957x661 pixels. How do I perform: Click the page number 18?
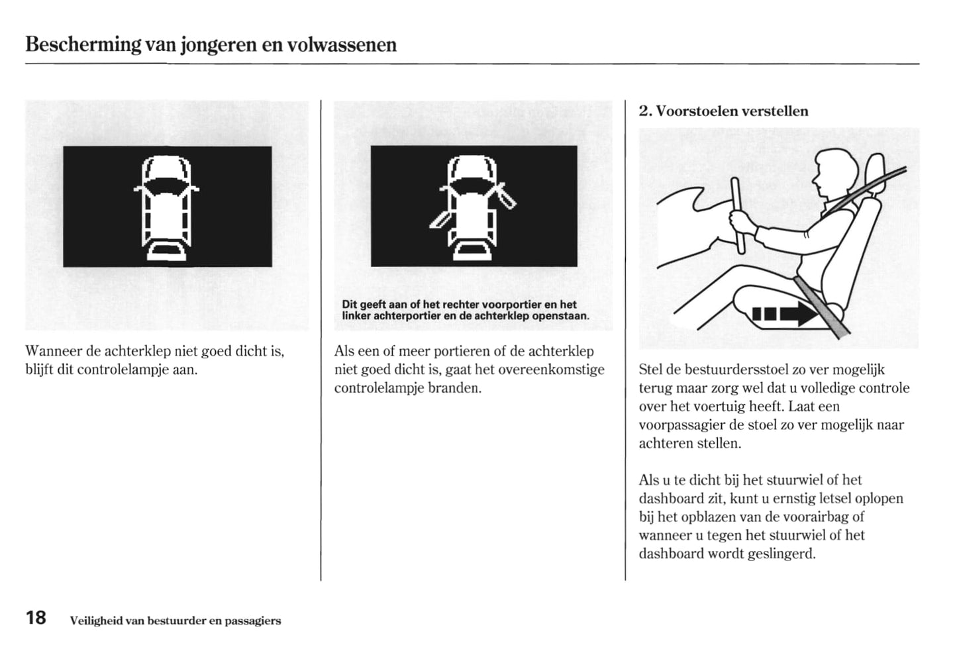[36, 618]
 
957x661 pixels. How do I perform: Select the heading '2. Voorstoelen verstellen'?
[723, 111]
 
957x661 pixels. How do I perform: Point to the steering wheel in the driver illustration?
[737, 215]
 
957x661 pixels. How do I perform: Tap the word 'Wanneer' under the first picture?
[54, 351]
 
